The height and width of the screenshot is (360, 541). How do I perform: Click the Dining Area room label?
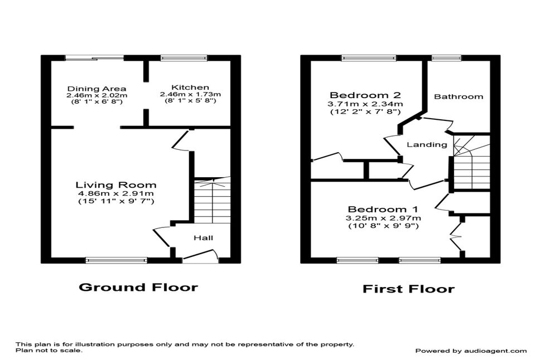click(96, 89)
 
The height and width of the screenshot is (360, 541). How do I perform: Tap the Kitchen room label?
click(190, 87)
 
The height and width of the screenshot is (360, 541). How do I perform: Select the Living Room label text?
click(116, 185)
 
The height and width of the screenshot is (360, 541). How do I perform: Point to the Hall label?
click(203, 237)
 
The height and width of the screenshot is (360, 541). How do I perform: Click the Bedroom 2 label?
click(365, 95)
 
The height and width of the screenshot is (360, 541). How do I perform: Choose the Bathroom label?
click(458, 96)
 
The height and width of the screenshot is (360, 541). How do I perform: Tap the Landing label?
click(427, 144)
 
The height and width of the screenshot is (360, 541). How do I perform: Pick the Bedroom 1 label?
click(383, 210)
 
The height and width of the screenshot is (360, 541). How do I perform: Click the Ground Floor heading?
click(138, 287)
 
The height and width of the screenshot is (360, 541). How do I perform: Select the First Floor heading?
click(408, 289)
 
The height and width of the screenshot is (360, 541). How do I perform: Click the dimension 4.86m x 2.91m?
click(116, 194)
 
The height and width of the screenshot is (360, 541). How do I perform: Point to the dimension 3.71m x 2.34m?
click(365, 104)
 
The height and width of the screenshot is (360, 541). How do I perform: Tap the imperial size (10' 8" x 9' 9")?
click(383, 226)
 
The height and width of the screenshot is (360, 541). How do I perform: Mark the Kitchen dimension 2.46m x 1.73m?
click(190, 94)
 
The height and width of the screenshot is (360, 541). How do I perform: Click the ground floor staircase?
click(212, 200)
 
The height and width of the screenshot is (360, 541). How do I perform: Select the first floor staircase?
click(471, 162)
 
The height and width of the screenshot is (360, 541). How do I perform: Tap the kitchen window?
click(184, 58)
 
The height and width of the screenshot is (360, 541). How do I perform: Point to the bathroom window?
click(446, 58)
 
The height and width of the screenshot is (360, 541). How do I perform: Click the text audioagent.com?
click(495, 351)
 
